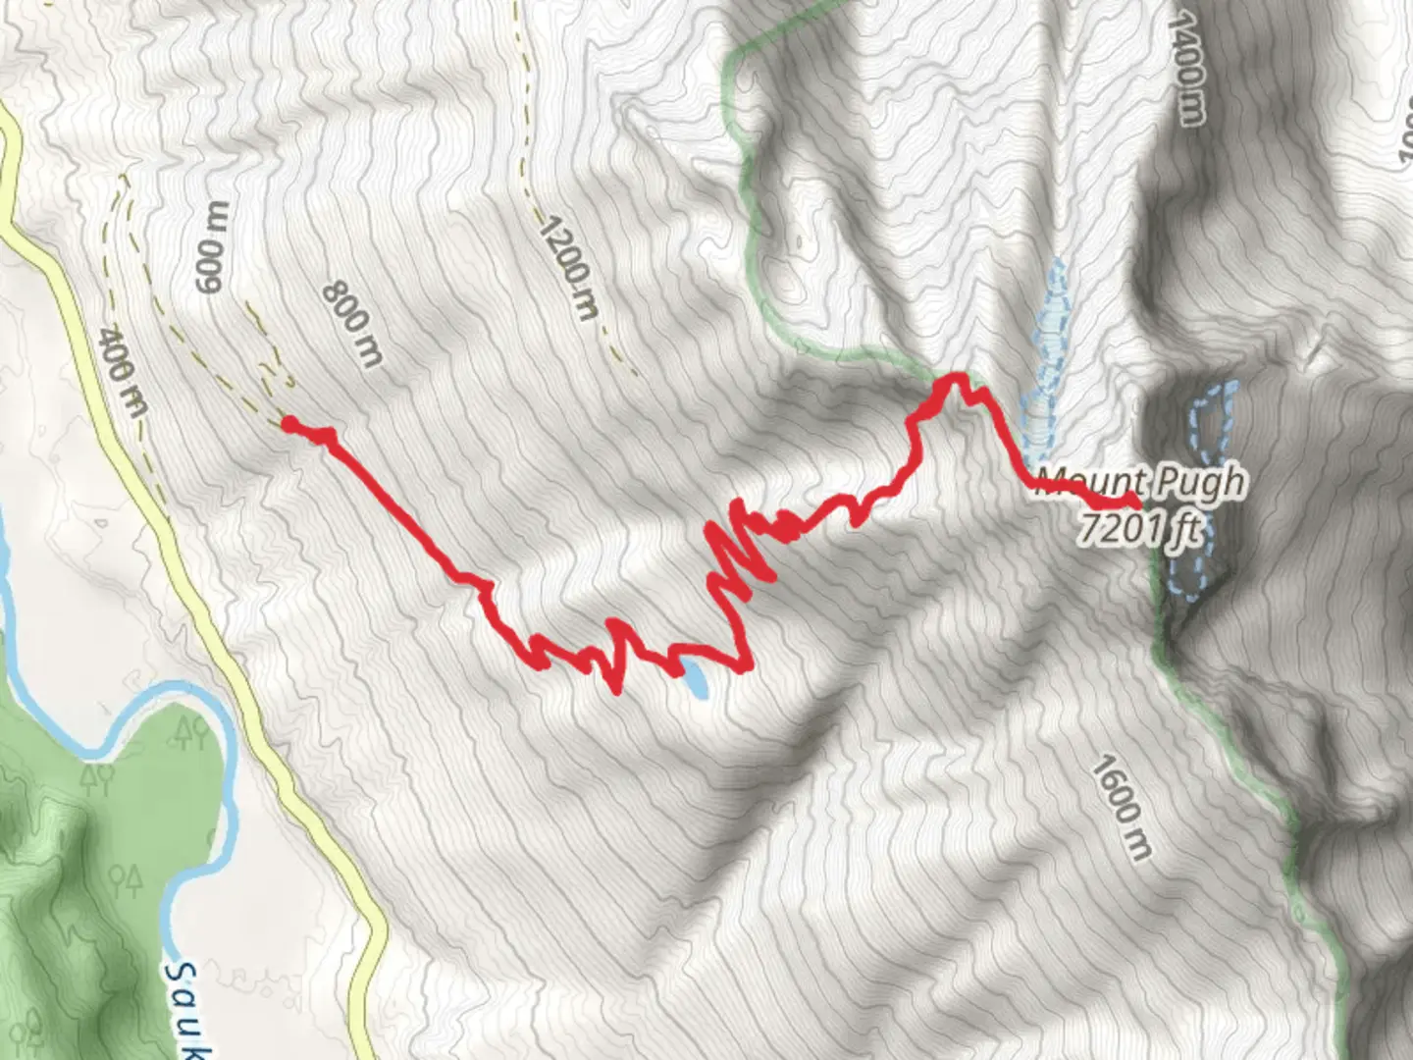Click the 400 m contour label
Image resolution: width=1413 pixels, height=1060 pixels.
(123, 371)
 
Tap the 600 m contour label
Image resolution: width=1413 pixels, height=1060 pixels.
(212, 247)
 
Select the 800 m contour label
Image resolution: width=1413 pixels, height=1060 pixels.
(351, 325)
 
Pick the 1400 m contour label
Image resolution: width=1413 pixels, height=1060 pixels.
(1186, 69)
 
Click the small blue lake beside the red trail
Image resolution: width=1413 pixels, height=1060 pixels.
(696, 679)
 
